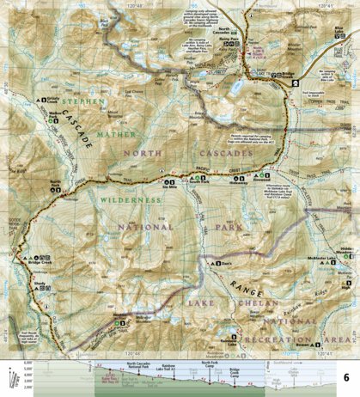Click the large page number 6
pos(345,377)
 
